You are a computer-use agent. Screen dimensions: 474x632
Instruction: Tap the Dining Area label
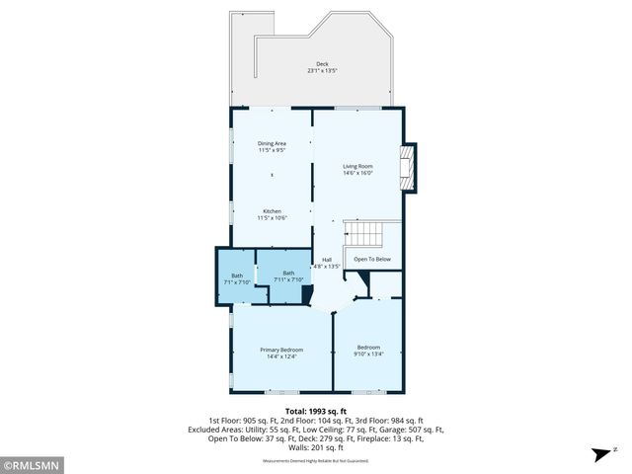[x=272, y=143]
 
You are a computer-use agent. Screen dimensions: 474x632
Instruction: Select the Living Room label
[x=357, y=165]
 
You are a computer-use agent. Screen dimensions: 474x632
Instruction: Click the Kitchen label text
[x=272, y=211]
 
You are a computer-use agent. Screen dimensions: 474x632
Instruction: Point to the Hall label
[x=326, y=259]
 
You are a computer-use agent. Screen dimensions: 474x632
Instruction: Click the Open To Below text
[x=372, y=259]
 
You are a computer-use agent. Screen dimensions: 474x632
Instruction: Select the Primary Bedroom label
[x=281, y=350]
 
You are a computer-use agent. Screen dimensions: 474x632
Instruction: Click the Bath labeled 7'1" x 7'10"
[x=237, y=278]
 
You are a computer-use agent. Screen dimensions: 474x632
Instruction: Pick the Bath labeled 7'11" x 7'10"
[x=288, y=276]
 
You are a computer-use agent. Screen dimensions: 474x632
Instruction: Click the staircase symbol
[x=364, y=235]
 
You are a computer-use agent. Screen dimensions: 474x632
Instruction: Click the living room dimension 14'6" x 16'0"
[x=357, y=173]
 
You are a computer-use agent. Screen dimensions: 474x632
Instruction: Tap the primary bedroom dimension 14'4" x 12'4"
[x=281, y=357]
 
